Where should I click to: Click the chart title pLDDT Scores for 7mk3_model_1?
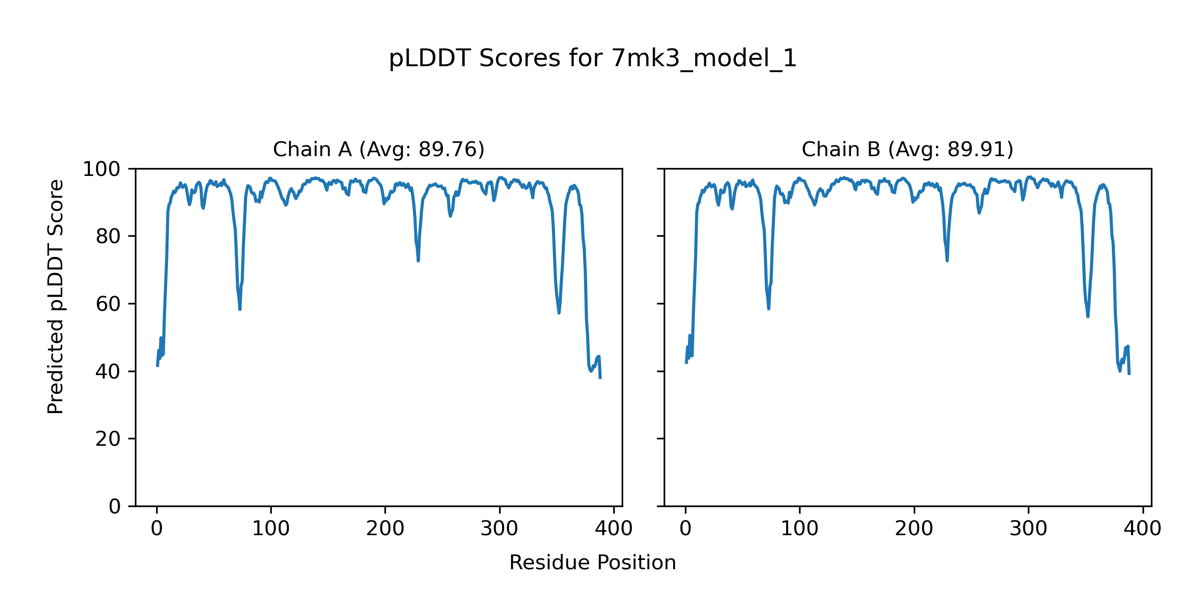(x=593, y=59)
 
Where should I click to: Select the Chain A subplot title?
(x=379, y=149)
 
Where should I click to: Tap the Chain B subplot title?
(x=907, y=149)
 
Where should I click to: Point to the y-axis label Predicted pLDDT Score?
(x=56, y=296)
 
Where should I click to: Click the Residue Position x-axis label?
(x=593, y=563)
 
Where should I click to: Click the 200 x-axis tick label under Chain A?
(x=385, y=529)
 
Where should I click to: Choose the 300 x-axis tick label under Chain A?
(x=499, y=529)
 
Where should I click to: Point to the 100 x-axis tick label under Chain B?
(x=800, y=529)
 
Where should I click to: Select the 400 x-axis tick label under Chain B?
(x=1143, y=529)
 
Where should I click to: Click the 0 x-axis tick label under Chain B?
(x=685, y=529)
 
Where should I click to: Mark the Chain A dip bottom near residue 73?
(x=240, y=309)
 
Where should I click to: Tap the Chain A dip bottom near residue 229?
(x=418, y=260)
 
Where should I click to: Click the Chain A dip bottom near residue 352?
(x=559, y=312)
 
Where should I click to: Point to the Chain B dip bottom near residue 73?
(x=768, y=308)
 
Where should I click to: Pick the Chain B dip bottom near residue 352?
(x=1088, y=316)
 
